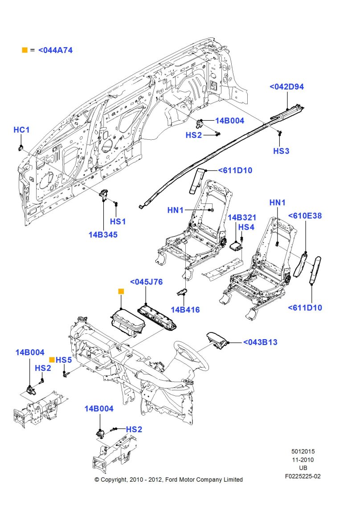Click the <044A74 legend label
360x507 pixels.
pyautogui.click(x=55, y=50)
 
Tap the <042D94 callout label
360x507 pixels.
pyautogui.click(x=286, y=87)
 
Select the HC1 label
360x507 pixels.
pyautogui.click(x=21, y=130)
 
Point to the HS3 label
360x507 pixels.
pyautogui.click(x=281, y=151)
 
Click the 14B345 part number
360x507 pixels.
pyautogui.click(x=103, y=235)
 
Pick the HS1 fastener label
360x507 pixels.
pyautogui.click(x=118, y=221)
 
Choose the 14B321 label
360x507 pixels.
pyautogui.click(x=242, y=218)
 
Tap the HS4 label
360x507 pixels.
pyautogui.click(x=246, y=227)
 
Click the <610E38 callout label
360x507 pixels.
pyautogui.click(x=305, y=216)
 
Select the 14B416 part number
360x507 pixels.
pyautogui.click(x=185, y=309)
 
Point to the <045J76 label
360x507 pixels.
pyautogui.click(x=146, y=282)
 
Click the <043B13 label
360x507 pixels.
pyautogui.click(x=260, y=342)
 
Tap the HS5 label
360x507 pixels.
pyautogui.click(x=64, y=360)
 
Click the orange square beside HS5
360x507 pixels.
pyautogui.click(x=52, y=359)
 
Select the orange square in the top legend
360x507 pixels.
pyautogui.click(x=25, y=50)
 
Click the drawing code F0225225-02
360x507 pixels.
pyautogui.click(x=303, y=476)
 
